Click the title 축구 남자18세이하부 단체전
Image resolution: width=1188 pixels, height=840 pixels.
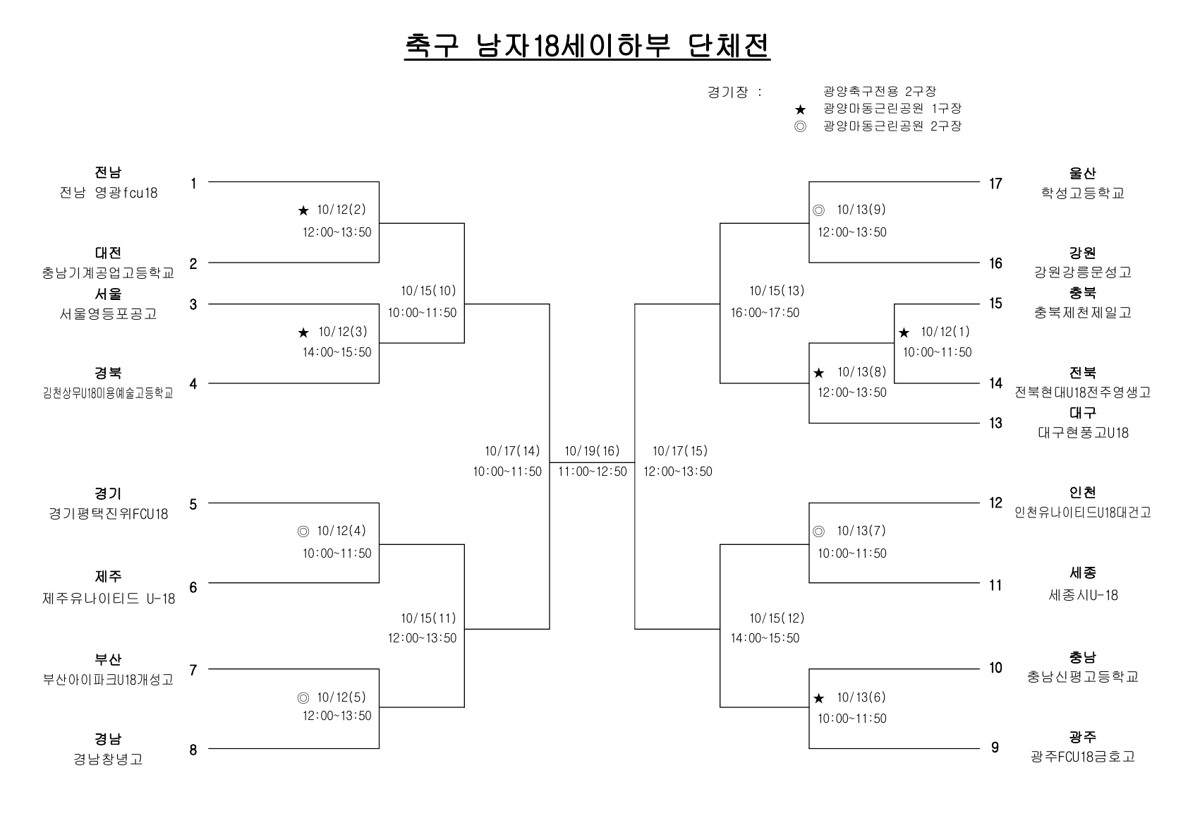coord(587,46)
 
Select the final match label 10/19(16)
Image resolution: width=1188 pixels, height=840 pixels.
coord(592,451)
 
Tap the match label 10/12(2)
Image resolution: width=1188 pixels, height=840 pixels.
coord(341,210)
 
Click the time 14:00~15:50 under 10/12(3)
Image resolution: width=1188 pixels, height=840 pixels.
coord(337,352)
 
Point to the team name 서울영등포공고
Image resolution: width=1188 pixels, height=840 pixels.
coord(108,313)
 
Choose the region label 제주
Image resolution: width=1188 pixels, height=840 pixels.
coord(108,576)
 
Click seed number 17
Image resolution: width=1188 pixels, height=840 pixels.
coord(995,184)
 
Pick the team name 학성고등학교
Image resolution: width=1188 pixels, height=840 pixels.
coord(1082,193)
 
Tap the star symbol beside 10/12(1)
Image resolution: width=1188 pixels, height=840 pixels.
coord(904,332)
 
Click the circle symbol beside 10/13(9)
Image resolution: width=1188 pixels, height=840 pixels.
coord(819,210)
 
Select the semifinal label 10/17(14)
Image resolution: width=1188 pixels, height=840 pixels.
coord(512,451)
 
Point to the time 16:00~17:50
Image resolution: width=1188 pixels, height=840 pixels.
coord(765,313)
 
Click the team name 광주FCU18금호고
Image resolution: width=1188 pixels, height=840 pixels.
coord(1082,756)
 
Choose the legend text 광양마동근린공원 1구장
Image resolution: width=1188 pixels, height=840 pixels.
coord(892,108)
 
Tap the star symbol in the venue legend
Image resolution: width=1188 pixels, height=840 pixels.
coord(800,110)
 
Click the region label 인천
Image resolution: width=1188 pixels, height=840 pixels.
coord(1082,493)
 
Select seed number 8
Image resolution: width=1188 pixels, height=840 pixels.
coord(193,750)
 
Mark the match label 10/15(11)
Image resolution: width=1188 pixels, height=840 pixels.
coord(428,618)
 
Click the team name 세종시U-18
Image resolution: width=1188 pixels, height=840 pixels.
coord(1083,595)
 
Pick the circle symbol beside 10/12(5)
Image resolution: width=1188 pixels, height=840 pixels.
coord(303,698)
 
